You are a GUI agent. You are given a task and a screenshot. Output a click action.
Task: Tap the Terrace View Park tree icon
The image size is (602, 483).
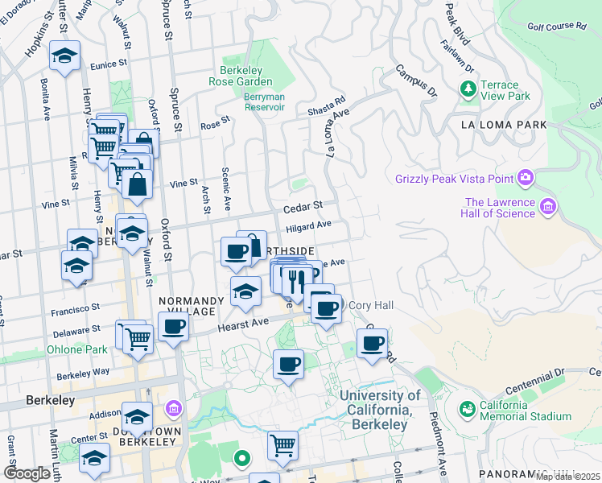coord(467,87)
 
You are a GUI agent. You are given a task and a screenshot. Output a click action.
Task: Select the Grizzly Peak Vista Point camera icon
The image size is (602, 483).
coord(526,176)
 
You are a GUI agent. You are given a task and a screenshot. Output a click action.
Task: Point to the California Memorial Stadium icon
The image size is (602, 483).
coord(467,409)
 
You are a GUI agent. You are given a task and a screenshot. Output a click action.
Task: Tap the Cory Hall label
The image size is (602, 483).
coord(371,305)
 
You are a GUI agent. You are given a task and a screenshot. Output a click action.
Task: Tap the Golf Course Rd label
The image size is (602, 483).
coord(557,26)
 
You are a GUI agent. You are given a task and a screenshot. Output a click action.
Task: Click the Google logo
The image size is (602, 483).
coord(27,473)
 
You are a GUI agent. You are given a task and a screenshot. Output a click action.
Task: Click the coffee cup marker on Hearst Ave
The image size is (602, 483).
coord(173,327)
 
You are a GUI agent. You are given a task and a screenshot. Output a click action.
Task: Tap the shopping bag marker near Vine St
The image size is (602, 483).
coord(138,184)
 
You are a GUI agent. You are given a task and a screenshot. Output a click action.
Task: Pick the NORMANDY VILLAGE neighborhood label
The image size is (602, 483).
coord(187,306)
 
